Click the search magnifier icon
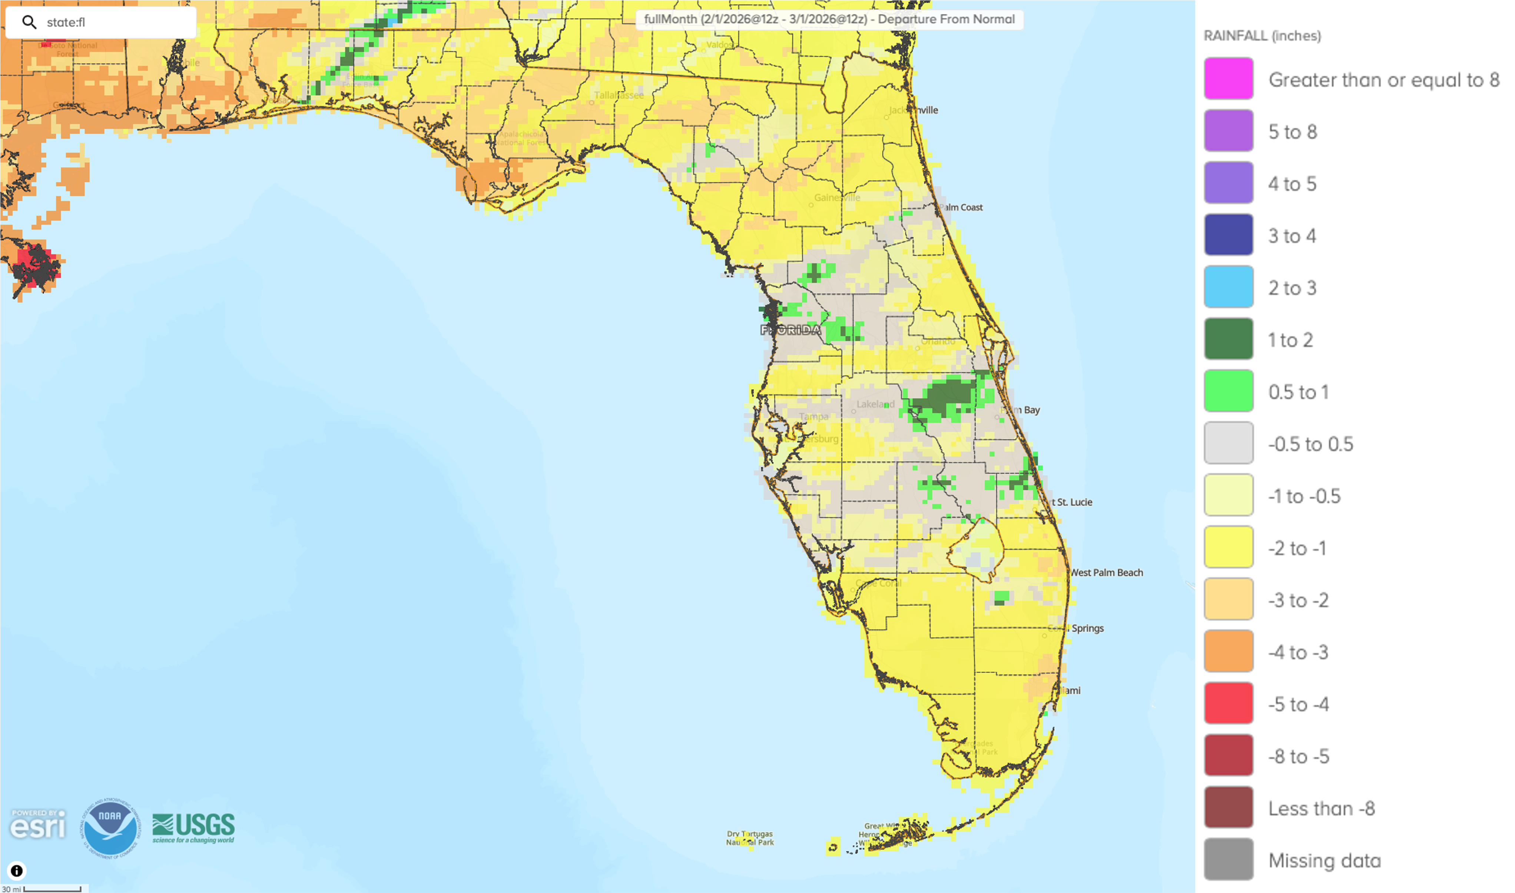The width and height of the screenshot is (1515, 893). coord(29,22)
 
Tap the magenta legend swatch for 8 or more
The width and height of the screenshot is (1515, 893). coord(1228,78)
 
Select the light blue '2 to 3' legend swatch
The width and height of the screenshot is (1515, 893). coord(1228,286)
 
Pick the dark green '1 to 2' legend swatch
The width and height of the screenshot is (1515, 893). coord(1228,339)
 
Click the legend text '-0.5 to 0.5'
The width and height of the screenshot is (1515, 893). coord(1310,444)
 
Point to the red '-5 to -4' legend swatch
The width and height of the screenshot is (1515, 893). coord(1228,703)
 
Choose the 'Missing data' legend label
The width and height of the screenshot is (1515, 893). coord(1324,860)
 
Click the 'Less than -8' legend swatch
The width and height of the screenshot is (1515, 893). coord(1228,807)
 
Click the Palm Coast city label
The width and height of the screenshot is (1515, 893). coord(961,208)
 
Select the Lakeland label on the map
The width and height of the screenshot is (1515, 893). coord(875,404)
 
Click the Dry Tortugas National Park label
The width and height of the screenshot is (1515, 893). coord(750,838)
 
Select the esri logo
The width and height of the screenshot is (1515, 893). coord(37,825)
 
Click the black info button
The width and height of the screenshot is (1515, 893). coord(17,871)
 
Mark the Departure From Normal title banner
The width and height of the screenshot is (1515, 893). coord(829,19)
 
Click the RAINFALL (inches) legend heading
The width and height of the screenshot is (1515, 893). coord(1262,36)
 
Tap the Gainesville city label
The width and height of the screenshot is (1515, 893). coord(837,197)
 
